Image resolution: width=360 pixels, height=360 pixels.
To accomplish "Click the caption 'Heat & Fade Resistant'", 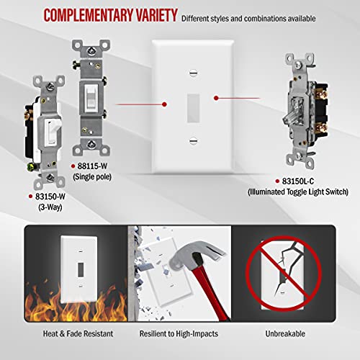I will tap(64, 334).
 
